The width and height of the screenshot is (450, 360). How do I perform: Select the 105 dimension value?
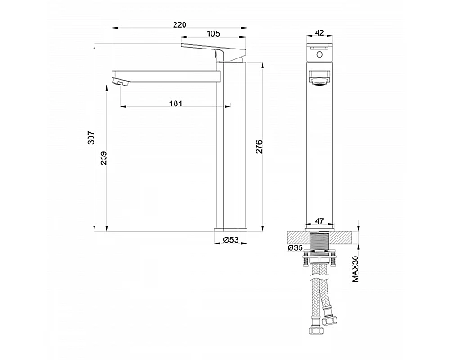pos(214,35)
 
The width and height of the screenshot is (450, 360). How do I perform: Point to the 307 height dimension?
pos(91,135)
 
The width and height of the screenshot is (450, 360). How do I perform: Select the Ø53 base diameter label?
pos(231,239)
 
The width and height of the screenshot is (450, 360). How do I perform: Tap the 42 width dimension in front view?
pos(318,35)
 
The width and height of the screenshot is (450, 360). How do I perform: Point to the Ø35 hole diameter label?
pos(294,247)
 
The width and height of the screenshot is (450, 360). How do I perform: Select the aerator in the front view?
pos(318,81)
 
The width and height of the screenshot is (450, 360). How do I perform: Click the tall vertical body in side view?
pos(229,153)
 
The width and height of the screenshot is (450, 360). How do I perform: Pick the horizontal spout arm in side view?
pos(166,72)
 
